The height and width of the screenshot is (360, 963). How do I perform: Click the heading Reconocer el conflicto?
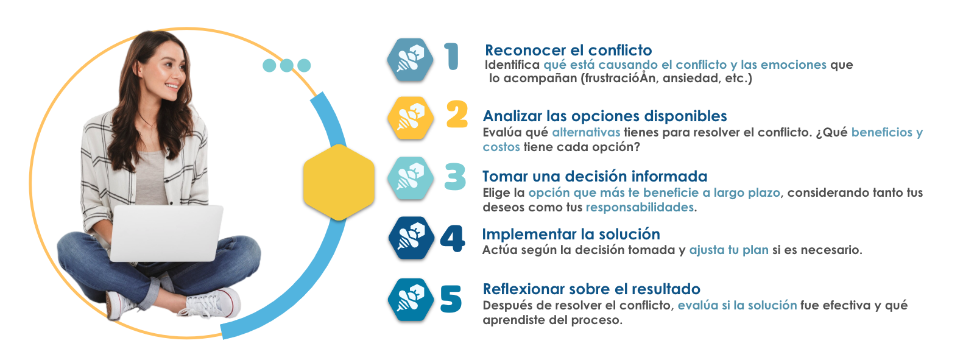tap(568, 51)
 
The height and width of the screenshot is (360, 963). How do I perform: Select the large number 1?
tap(452, 56)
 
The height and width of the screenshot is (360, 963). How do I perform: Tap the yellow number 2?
tap(457, 114)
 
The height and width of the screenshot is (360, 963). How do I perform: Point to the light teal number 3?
tap(455, 177)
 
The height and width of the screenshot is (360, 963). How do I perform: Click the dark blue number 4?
tap(453, 238)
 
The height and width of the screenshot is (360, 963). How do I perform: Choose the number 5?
tap(451, 299)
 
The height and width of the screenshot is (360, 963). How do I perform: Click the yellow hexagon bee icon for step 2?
tap(411, 118)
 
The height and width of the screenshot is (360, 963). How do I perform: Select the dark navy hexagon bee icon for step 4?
tap(411, 238)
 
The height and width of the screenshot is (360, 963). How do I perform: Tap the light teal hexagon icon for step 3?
tap(411, 178)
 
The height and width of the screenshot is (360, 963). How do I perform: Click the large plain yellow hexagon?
tap(339, 182)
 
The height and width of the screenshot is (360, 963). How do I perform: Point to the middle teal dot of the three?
tap(287, 65)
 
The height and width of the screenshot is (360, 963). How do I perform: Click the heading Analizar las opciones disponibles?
tap(605, 116)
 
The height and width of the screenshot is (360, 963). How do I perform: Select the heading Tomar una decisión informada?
tap(594, 176)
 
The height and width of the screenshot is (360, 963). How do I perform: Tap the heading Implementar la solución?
tap(571, 234)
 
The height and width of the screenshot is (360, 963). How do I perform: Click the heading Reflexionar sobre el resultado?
tap(591, 289)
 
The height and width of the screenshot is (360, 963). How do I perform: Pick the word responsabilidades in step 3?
tap(640, 207)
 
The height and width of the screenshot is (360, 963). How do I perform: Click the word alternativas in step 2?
tap(586, 132)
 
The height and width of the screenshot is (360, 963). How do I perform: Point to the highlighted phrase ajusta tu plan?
tap(728, 250)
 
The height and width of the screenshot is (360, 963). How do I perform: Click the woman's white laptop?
tap(167, 233)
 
